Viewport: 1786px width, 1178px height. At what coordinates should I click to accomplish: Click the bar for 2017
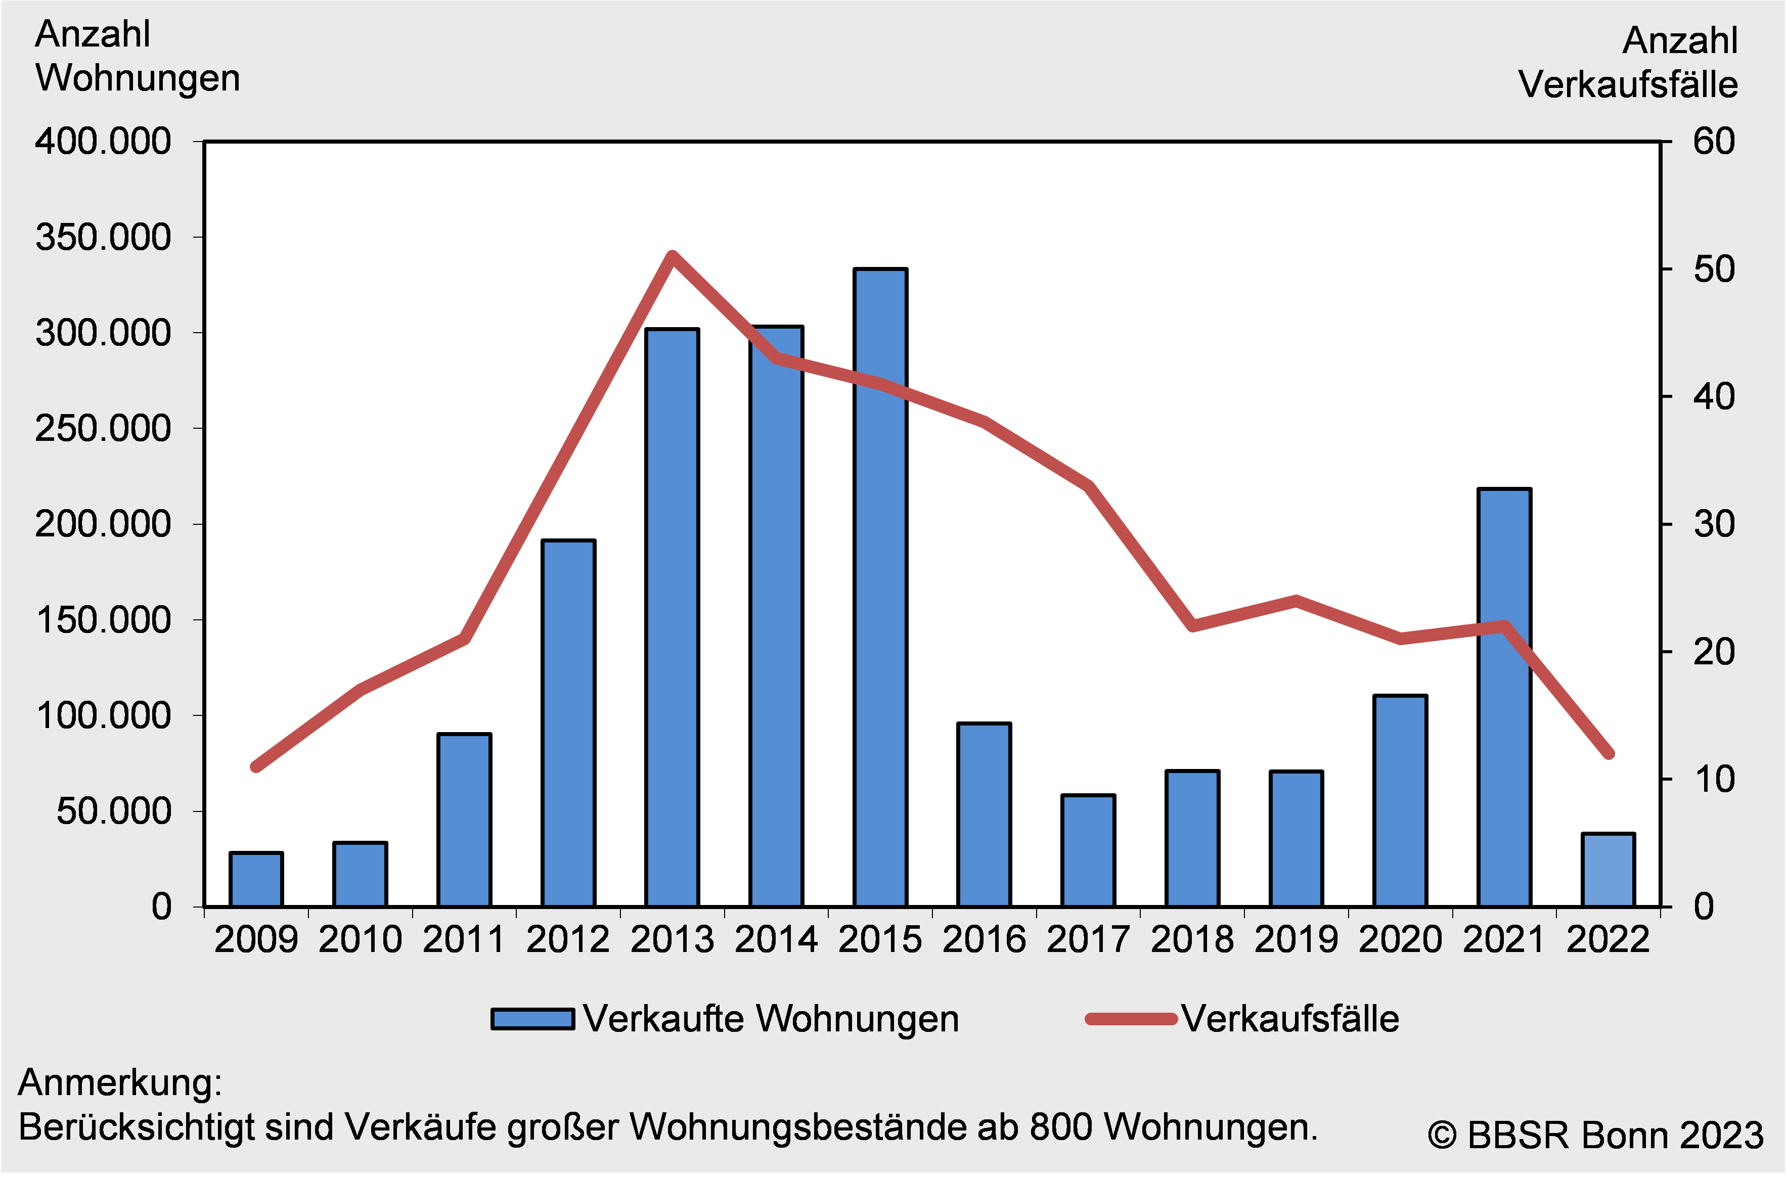(x=1088, y=850)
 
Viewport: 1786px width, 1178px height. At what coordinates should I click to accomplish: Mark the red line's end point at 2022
(x=1609, y=753)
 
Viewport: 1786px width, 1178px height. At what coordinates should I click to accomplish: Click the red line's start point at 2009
(x=256, y=766)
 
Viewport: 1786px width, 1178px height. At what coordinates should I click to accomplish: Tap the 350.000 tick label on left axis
(x=104, y=238)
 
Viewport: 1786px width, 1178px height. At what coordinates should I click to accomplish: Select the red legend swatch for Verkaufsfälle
(x=1131, y=1019)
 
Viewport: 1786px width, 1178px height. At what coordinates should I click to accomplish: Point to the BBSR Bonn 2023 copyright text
(x=1595, y=1135)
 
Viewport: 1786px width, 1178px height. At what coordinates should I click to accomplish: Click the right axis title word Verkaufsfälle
(x=1627, y=84)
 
